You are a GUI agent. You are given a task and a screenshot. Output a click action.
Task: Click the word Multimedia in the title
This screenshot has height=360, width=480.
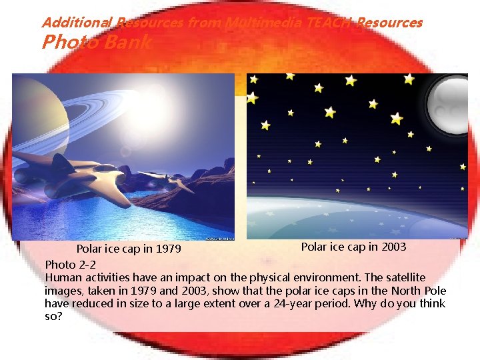coord(257,23)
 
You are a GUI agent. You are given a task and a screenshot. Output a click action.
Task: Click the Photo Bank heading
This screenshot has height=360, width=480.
coord(97,43)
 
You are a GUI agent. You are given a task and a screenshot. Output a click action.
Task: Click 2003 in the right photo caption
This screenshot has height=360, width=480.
coord(393,247)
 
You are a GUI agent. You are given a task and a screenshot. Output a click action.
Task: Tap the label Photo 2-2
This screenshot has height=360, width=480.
coord(70,264)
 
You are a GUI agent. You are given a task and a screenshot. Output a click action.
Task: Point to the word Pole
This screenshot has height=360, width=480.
coord(433,290)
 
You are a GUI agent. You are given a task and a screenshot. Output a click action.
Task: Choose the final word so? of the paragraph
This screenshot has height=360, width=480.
coord(54,316)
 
